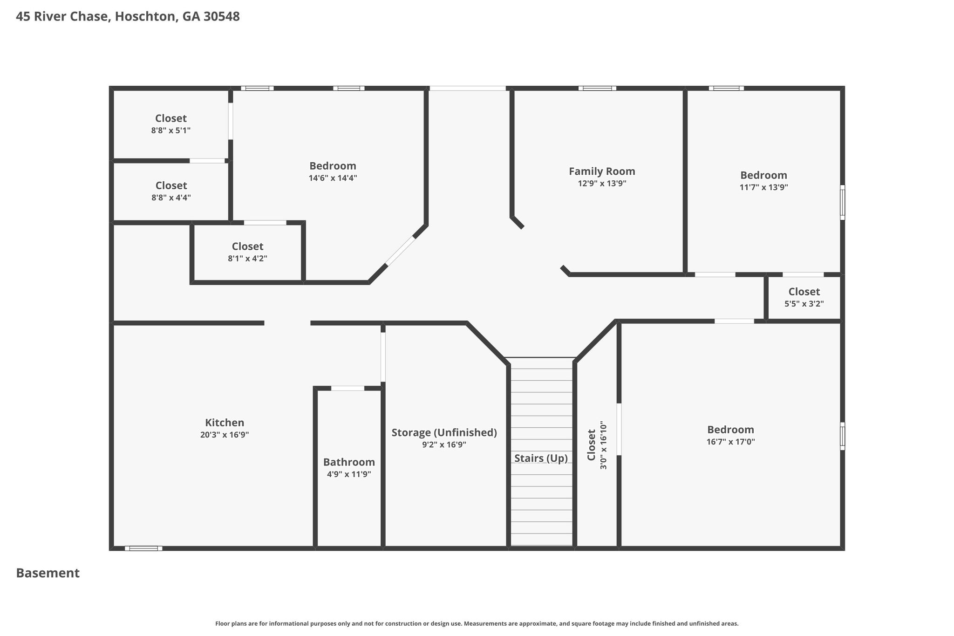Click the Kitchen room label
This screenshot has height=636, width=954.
point(225,423)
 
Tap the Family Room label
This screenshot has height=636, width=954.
point(602,171)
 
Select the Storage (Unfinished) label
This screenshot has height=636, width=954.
point(444,433)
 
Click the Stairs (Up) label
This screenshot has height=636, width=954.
point(541,458)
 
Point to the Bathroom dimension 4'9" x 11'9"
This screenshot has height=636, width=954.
point(349,474)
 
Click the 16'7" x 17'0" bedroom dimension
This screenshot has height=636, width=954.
point(730,442)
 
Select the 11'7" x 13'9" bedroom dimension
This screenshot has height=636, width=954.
point(763,187)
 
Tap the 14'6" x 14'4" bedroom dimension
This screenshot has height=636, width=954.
point(333,178)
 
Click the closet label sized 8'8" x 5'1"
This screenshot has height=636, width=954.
point(171,118)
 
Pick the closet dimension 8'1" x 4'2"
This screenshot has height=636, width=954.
point(247,259)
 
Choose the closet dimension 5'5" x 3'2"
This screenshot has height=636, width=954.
point(804,304)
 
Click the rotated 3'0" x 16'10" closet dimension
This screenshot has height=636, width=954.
point(604,445)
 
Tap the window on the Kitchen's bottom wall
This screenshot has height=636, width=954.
point(143,548)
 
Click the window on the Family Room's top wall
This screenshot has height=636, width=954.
point(597,88)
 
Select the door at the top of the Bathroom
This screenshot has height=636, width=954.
point(348,388)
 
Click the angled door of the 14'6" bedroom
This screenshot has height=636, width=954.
point(400,251)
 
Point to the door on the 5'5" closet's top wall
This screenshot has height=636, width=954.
point(803,274)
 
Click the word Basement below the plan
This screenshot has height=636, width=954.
point(48,573)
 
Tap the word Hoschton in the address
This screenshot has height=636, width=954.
point(146,17)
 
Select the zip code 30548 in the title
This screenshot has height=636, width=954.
point(222,17)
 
